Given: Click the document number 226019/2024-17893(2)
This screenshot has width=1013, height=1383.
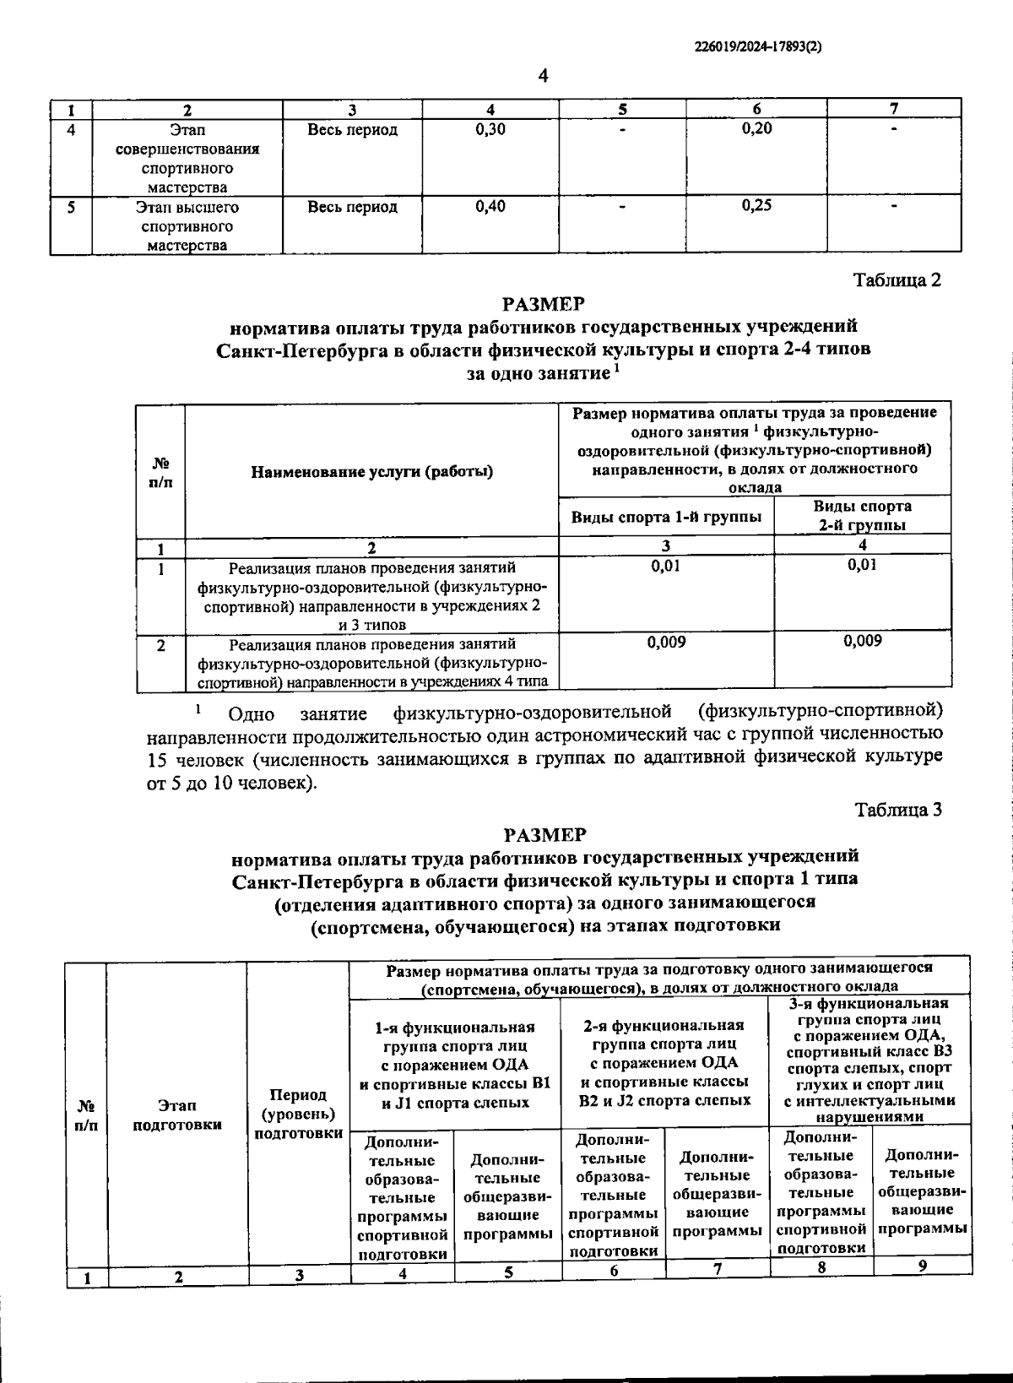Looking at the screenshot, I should pyautogui.click(x=756, y=48).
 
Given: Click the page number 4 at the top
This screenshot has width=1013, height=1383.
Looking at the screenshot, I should pyautogui.click(x=543, y=76).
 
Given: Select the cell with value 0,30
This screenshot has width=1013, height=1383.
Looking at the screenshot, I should pyautogui.click(x=490, y=129).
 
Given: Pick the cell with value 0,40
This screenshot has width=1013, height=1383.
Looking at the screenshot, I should pyautogui.click(x=490, y=206).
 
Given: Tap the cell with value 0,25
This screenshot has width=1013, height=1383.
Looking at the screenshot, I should pyautogui.click(x=756, y=205).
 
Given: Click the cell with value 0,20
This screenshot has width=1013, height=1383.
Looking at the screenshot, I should pyautogui.click(x=756, y=128).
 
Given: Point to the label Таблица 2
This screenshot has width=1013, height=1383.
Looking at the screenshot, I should pyautogui.click(x=897, y=279).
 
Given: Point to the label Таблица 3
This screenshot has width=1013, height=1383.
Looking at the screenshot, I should pyautogui.click(x=897, y=810).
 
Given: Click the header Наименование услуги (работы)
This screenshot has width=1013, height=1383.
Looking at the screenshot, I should pyautogui.click(x=371, y=471).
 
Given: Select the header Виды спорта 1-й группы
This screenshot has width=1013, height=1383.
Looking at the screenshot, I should pyautogui.click(x=666, y=516).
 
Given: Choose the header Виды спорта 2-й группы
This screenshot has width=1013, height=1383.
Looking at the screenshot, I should pyautogui.click(x=862, y=515).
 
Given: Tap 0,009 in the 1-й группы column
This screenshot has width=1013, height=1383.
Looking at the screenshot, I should pyautogui.click(x=666, y=643).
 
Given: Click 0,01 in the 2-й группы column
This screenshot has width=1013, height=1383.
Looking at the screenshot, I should pyautogui.click(x=862, y=565).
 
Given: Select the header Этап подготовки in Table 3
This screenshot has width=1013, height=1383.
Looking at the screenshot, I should pyautogui.click(x=176, y=1115).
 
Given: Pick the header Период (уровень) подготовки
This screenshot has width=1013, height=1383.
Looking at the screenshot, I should pyautogui.click(x=298, y=1114).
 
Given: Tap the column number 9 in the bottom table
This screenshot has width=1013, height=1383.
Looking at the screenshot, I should pyautogui.click(x=922, y=1266).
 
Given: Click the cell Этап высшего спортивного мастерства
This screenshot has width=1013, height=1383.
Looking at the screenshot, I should pyautogui.click(x=187, y=226).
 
